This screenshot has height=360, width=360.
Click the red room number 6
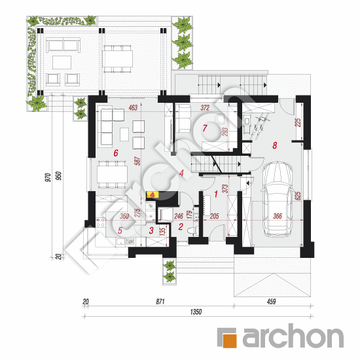pos(116,153)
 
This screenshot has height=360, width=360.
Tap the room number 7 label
pos(205,128)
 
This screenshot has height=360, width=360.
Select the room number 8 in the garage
pos(275,145)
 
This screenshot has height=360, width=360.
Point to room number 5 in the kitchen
pos(120,230)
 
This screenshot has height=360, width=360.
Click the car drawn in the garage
pos(278,198)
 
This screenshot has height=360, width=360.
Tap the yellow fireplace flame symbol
pos(153,194)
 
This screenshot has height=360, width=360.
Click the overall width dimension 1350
pos(196,312)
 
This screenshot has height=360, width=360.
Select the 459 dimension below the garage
pos(271,301)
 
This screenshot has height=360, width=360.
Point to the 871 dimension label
pos(160,301)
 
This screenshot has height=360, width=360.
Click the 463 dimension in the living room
pos(133,107)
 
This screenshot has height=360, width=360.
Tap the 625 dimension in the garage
pos(298,196)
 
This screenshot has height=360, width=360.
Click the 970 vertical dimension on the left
pos(48,177)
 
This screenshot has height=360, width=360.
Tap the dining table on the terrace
pos(118,58)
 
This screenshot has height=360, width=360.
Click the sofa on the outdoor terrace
pos(63,45)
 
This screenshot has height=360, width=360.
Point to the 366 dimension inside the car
pos(278,216)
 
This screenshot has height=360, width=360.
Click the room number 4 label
pos(181,173)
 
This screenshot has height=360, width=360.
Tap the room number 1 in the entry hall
pos(216,194)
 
